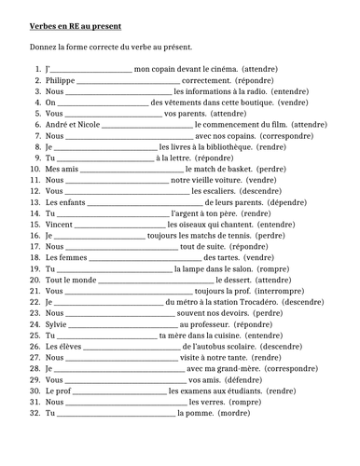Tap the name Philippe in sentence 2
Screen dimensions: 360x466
pos(60,81)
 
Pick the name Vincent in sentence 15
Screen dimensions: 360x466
pos(59,225)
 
